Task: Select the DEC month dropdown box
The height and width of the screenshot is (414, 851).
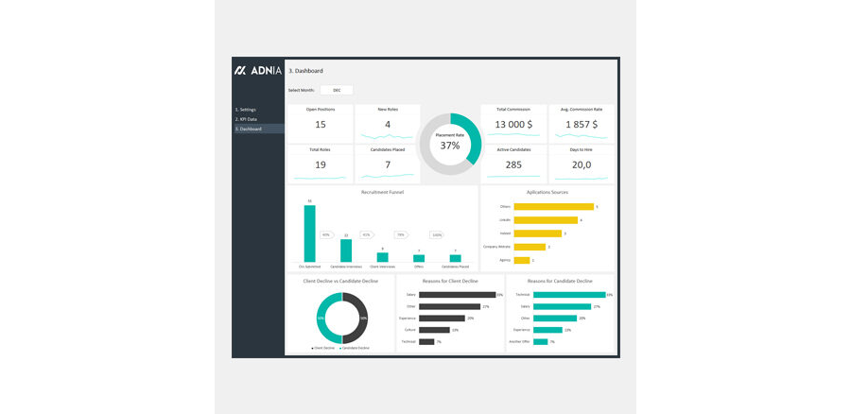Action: [337, 90]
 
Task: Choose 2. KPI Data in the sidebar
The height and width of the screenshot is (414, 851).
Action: [247, 119]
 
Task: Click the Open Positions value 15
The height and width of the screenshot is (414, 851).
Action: [321, 125]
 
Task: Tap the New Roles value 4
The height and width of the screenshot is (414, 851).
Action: [388, 125]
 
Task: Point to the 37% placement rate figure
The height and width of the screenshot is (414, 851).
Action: [450, 146]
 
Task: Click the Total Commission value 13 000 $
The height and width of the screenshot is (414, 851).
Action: [513, 125]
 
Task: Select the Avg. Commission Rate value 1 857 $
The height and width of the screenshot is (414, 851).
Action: [581, 125]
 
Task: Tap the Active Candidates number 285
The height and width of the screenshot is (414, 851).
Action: [513, 164]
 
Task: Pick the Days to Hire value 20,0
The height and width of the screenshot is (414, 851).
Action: [581, 164]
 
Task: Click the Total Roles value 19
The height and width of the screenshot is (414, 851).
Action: [321, 164]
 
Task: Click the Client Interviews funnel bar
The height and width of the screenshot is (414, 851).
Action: [382, 256]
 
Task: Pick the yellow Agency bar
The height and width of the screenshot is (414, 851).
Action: [521, 260]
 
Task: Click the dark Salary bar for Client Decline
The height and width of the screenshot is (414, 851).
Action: [457, 295]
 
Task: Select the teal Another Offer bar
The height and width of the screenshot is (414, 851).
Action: [540, 341]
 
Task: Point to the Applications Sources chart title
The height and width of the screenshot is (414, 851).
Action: [547, 192]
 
